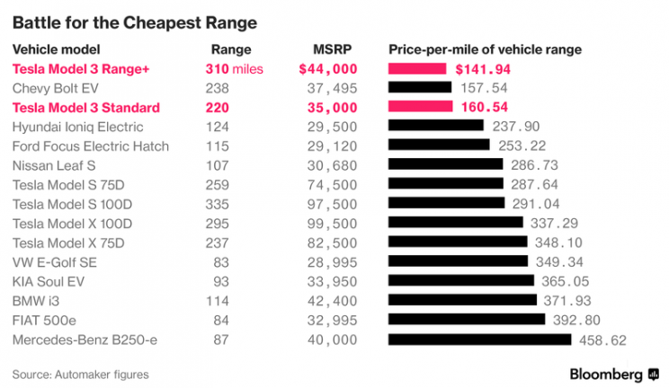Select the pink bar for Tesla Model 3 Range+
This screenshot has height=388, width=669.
pos(417,68)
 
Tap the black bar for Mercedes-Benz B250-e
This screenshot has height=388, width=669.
pos(479,339)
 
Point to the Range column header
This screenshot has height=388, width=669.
pos(231,49)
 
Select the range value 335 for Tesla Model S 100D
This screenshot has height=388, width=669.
pos(219,204)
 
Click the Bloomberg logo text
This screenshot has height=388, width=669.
pos(606,373)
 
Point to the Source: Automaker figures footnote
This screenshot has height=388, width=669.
pos(80,374)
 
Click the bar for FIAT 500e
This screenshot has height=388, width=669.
pos(466,320)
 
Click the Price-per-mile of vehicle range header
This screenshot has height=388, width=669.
pos(484,49)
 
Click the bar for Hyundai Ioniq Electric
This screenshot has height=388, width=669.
pos(434,127)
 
